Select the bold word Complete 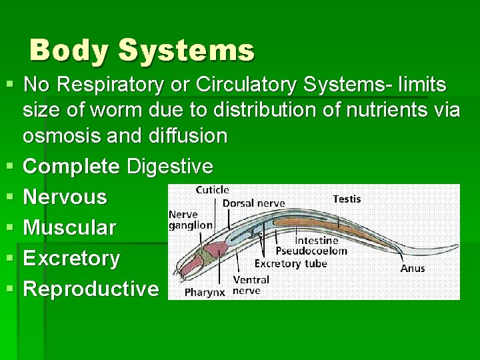click(71, 166)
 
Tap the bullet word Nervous click(65, 197)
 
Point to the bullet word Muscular click(69, 227)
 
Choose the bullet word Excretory click(71, 258)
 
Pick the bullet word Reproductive click(91, 289)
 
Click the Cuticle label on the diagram click(213, 191)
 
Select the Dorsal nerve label click(253, 203)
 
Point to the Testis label click(346, 199)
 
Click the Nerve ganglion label click(191, 220)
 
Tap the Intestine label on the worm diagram click(317, 240)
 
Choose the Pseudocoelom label click(321, 251)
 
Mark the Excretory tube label click(291, 263)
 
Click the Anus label click(413, 268)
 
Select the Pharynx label click(205, 292)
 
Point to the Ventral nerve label click(251, 285)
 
